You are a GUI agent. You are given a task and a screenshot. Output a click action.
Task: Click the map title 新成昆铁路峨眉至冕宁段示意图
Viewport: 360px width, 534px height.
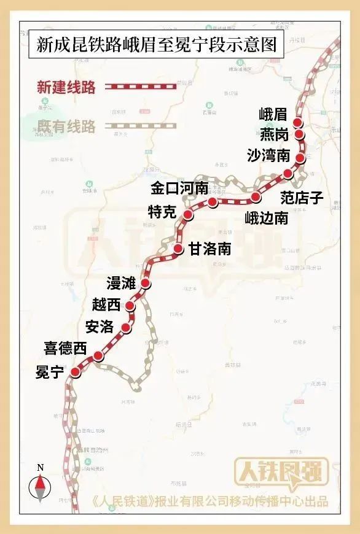pyautogui.click(x=156, y=45)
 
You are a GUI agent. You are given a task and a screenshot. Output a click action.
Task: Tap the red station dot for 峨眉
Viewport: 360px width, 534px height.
pyautogui.click(x=298, y=123)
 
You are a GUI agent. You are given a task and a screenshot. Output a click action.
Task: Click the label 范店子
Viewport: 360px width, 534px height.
pyautogui.click(x=302, y=197)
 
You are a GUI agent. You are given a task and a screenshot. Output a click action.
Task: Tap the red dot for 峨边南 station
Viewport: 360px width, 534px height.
pyautogui.click(x=256, y=197)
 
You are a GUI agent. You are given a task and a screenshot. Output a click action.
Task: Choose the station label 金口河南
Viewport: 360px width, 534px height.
pyautogui.click(x=179, y=189)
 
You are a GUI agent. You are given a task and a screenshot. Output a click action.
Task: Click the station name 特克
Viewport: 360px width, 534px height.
pyautogui.click(x=162, y=212)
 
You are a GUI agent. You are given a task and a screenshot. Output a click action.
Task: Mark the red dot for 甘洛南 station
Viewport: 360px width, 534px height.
pyautogui.click(x=178, y=249)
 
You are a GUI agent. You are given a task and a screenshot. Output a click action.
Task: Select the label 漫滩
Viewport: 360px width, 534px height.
pyautogui.click(x=121, y=283)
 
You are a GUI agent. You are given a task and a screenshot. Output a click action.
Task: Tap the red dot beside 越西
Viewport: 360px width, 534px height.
pyautogui.click(x=131, y=306)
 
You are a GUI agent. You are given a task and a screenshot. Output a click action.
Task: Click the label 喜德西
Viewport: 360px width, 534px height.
pyautogui.click(x=65, y=349)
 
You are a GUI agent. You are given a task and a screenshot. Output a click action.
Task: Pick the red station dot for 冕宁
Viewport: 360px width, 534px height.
pyautogui.click(x=76, y=372)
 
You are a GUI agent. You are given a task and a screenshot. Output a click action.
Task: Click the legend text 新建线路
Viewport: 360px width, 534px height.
pyautogui.click(x=67, y=87)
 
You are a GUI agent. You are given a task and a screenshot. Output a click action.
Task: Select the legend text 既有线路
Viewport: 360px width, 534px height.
pyautogui.click(x=67, y=127)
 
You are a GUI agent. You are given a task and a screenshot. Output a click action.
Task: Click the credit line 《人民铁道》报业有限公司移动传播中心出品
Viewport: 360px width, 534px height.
pyautogui.click(x=209, y=501)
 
